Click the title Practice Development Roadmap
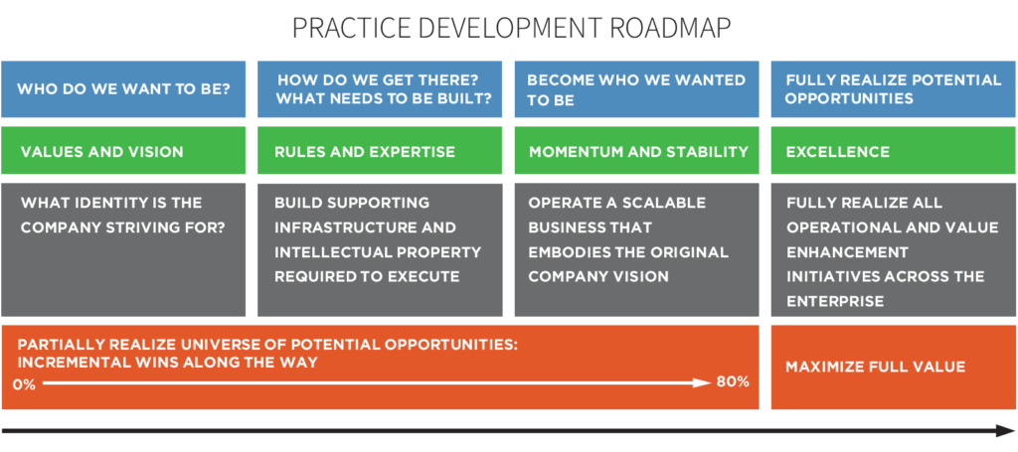[x=509, y=27]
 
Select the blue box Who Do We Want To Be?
[x=123, y=89]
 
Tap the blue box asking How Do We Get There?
[x=380, y=89]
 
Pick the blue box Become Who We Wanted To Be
[x=636, y=89]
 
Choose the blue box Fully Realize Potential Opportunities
[x=893, y=89]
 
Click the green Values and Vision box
[x=123, y=152]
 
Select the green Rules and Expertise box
[x=380, y=152]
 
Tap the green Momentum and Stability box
[x=636, y=152]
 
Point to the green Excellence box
[x=893, y=152]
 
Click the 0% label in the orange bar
[x=24, y=383]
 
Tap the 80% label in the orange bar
[x=733, y=382]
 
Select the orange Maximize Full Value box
[x=893, y=367]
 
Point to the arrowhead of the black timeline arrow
[x=1004, y=431]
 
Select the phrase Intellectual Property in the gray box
[x=378, y=252]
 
